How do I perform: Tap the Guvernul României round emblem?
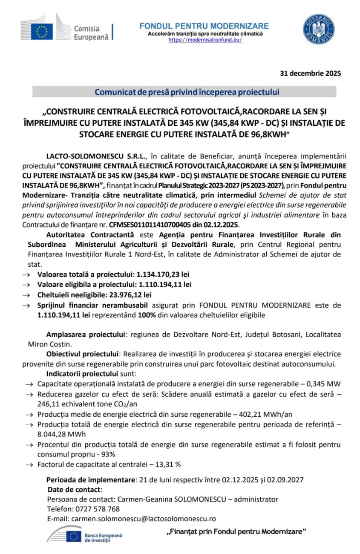(x=318, y=29)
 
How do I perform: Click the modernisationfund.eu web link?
(x=205, y=40)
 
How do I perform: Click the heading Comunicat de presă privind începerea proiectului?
(x=187, y=92)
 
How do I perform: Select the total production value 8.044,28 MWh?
(x=61, y=434)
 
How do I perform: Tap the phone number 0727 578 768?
(x=95, y=509)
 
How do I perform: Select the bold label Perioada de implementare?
(x=90, y=479)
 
